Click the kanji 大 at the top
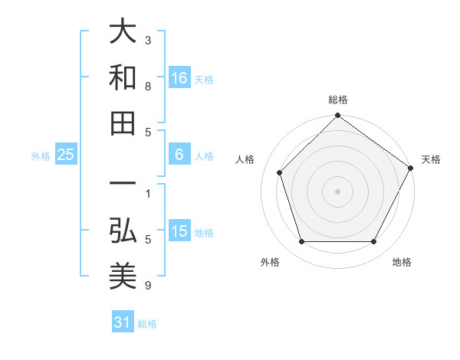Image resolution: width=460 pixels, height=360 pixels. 123,32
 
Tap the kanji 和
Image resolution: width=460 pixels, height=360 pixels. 123,77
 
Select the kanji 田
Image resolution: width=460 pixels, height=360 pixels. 123,123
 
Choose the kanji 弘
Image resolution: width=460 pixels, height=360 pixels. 123,229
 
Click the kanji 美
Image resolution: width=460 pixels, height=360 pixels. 123,274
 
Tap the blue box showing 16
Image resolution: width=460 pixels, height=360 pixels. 179,77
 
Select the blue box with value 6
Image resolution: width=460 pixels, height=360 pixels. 179,155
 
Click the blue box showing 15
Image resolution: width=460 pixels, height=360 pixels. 179,232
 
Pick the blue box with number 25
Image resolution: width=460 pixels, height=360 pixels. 65,155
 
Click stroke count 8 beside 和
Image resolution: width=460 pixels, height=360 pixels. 148,87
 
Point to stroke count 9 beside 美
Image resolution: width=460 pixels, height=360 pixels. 148,286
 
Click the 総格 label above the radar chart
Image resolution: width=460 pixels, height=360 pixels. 337,100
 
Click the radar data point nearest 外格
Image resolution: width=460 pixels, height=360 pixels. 301,242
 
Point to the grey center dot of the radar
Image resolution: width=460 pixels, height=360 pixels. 337,191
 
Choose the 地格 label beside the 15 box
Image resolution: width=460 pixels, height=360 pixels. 204,233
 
